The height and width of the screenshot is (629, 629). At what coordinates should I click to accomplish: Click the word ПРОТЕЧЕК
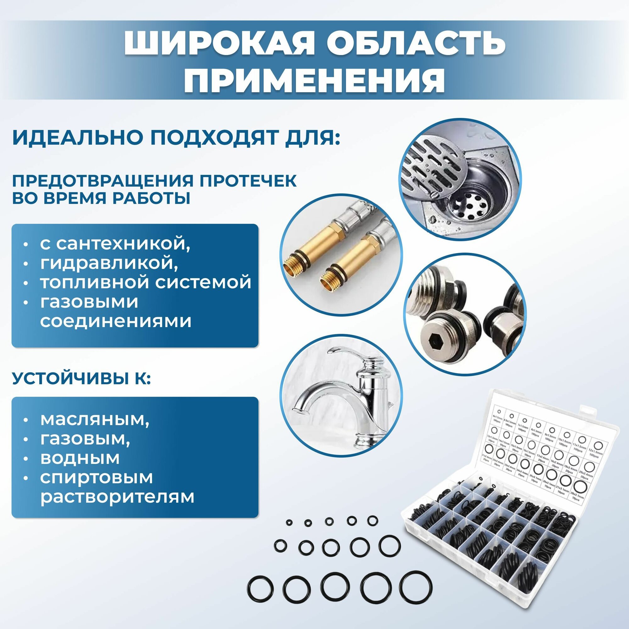[x=248, y=181]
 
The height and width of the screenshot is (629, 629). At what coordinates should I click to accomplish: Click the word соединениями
[x=115, y=321]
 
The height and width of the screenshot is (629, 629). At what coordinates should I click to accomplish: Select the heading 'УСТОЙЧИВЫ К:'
[x=81, y=379]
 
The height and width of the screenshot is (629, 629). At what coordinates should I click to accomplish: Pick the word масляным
[x=95, y=420]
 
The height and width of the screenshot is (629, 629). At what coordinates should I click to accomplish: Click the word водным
[x=80, y=458]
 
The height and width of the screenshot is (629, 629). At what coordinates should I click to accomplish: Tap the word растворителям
[x=117, y=497]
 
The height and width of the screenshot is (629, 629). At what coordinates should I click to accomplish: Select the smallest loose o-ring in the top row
[x=288, y=531]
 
